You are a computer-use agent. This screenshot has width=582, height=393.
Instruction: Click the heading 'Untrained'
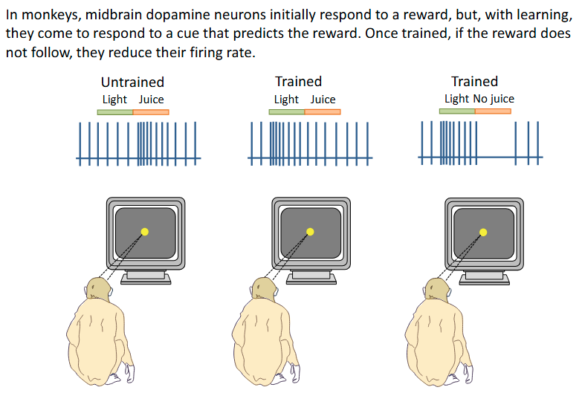[x=132, y=82]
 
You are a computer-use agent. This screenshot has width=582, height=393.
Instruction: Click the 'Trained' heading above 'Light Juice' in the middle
[x=298, y=81]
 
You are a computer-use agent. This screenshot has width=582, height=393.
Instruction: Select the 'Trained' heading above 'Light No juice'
[x=474, y=81]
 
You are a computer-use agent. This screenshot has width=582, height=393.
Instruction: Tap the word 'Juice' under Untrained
[x=151, y=100]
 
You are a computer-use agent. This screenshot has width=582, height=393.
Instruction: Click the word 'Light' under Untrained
[x=114, y=100]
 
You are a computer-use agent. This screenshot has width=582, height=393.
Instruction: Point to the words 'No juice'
[x=493, y=99]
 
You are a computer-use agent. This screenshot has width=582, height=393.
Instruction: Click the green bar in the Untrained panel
[x=114, y=112]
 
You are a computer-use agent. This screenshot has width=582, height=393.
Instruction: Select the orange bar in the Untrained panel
[x=151, y=112]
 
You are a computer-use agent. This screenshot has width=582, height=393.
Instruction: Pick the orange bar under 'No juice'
[x=493, y=111]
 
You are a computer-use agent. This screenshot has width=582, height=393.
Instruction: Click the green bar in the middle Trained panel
[x=286, y=112]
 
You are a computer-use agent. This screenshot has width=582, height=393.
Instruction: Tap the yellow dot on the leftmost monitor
[x=145, y=231]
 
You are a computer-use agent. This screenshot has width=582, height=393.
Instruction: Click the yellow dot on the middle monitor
[x=311, y=231]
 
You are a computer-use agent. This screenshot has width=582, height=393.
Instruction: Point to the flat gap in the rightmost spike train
[x=502, y=157]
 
